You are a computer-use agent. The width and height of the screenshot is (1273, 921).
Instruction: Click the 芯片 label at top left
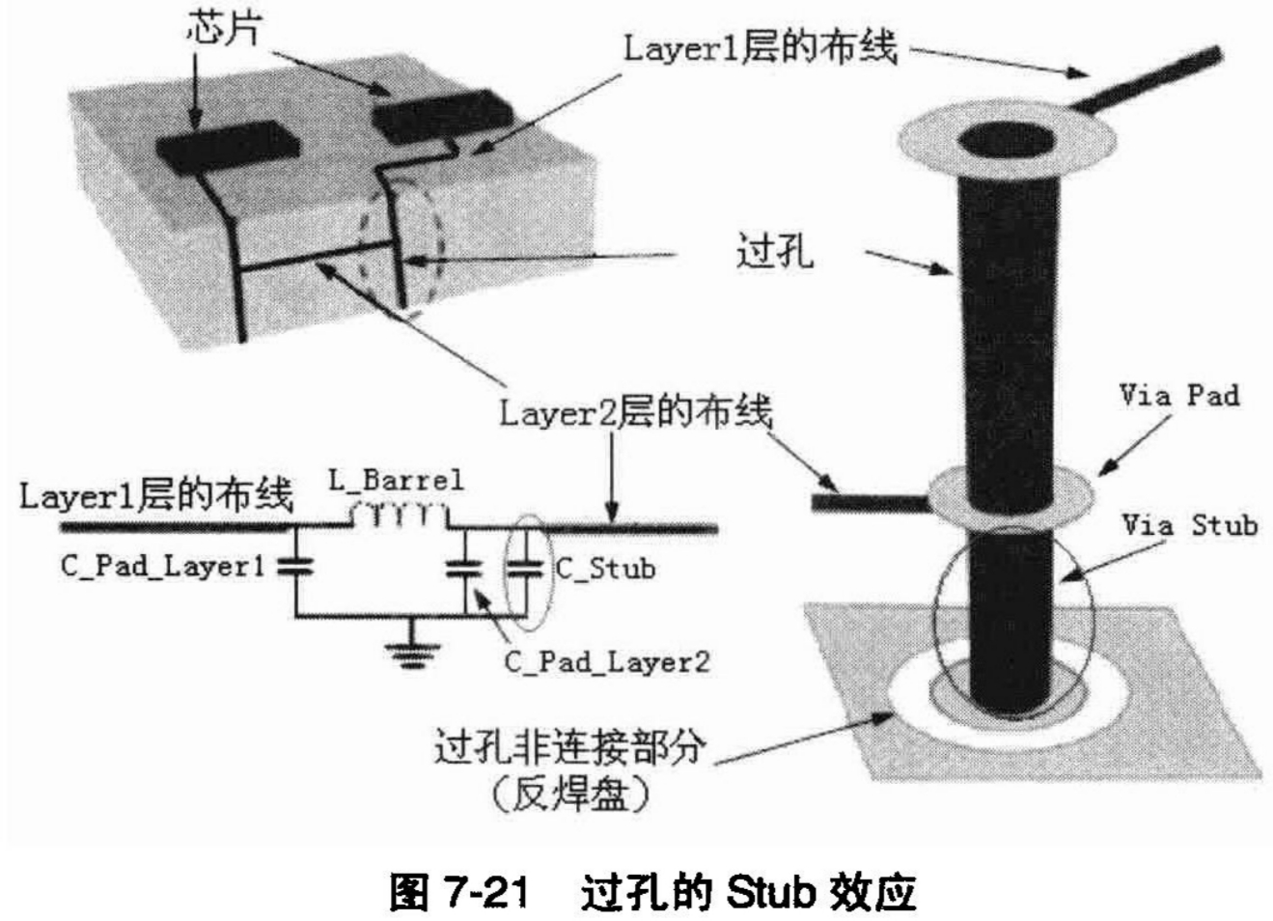click(223, 31)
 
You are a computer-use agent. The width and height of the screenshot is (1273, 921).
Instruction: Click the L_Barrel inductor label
click(396, 480)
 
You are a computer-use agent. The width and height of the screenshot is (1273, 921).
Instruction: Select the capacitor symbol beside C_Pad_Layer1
click(295, 567)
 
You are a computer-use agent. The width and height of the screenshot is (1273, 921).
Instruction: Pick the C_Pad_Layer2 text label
click(607, 661)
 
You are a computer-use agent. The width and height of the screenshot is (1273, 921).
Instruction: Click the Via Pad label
click(1179, 395)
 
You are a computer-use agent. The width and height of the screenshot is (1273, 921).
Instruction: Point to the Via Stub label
click(1189, 525)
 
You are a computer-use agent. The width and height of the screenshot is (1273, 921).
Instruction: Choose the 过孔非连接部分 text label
click(569, 748)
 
